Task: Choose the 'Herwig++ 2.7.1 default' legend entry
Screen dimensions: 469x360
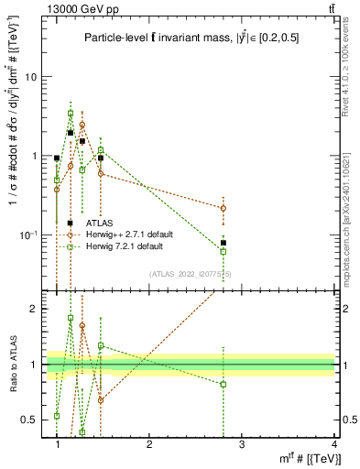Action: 125,234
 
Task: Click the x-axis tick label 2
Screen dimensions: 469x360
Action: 149,444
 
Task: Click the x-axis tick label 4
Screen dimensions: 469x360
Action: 334,444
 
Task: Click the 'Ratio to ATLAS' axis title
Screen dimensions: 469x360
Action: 11,364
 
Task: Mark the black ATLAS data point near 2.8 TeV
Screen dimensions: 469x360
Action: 224,243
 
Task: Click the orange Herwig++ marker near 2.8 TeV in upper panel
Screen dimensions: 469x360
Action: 224,208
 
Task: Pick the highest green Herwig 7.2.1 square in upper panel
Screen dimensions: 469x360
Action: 71,114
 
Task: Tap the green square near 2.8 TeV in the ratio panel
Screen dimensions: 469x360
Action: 224,384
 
